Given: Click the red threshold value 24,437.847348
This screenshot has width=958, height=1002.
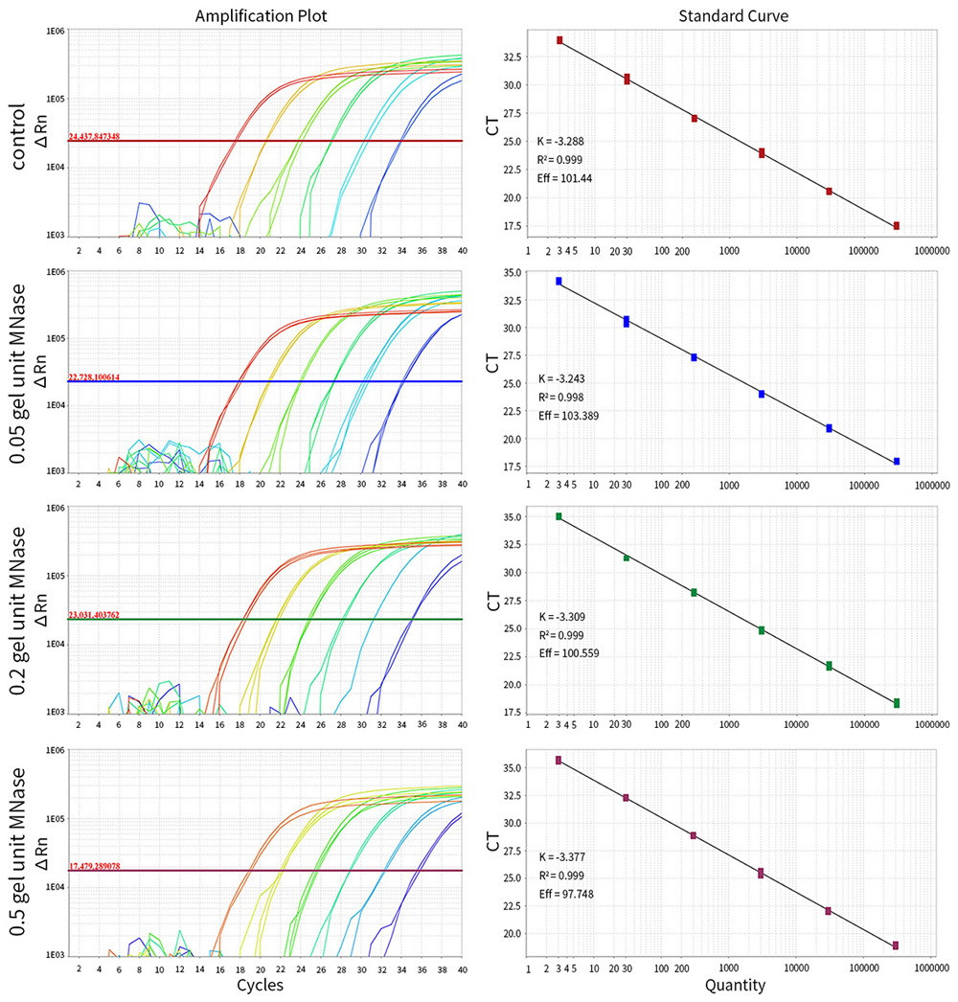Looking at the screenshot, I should tap(107, 137).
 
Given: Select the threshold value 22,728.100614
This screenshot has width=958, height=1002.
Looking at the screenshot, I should tap(107, 377).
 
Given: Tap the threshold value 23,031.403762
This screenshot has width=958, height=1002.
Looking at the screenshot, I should tap(107, 615).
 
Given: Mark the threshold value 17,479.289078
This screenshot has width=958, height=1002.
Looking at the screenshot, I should tap(107, 866).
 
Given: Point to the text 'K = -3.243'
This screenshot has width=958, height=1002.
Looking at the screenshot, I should tap(561, 379).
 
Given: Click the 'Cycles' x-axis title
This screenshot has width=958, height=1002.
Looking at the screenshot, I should tap(264, 984).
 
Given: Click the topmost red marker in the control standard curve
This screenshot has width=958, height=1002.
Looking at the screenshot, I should tap(559, 40).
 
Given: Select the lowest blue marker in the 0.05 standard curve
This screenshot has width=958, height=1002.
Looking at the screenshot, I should tap(897, 462).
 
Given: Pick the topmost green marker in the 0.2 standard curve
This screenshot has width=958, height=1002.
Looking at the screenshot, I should tap(559, 516).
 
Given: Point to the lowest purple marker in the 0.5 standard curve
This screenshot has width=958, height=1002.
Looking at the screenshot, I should tap(897, 945).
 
